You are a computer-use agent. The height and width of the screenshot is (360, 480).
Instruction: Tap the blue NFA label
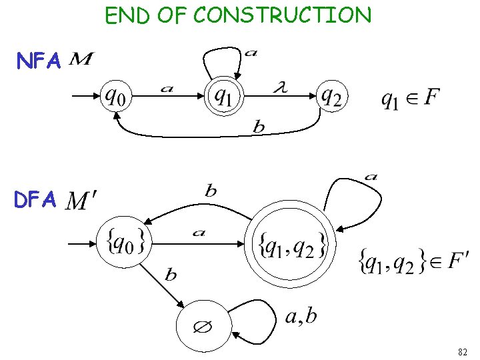pyautogui.click(x=39, y=62)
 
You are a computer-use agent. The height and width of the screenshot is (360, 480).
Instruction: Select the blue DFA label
pyautogui.click(x=37, y=200)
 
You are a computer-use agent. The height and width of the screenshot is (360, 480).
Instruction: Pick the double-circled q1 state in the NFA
pyautogui.click(x=223, y=97)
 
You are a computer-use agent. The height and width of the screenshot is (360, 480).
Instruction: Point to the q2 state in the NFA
pyautogui.click(x=331, y=97)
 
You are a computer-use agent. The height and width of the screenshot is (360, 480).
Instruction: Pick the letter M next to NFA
pyautogui.click(x=81, y=61)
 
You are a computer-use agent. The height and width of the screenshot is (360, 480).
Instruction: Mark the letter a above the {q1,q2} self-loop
pyautogui.click(x=371, y=177)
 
